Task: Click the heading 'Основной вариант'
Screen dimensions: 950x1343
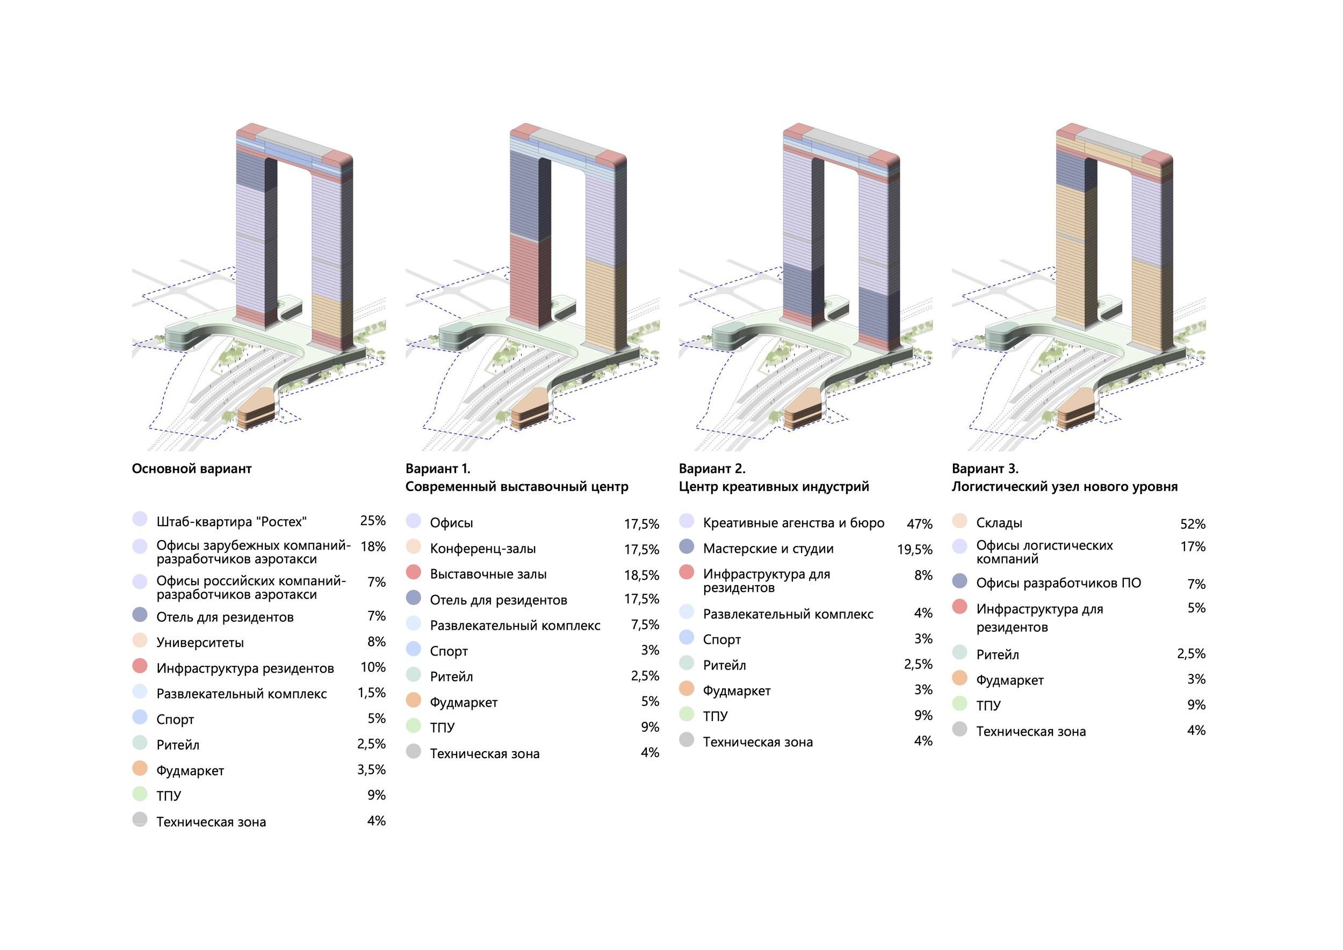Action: pos(191,469)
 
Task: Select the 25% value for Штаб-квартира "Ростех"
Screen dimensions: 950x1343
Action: pos(373,521)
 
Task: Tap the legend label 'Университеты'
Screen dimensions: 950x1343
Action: pos(200,642)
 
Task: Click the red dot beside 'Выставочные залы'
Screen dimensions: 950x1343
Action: pos(414,572)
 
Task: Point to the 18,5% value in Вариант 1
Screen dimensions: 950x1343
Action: pos(641,575)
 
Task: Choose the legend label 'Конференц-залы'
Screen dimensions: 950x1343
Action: pos(482,549)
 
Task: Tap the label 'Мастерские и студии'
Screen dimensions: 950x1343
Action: pos(768,549)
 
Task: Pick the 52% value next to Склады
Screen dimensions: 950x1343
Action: pos(1192,523)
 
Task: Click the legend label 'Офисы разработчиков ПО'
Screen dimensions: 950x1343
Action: pos(1058,583)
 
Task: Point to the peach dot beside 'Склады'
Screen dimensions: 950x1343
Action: pos(959,521)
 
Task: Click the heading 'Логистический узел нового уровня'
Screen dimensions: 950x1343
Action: pos(1064,487)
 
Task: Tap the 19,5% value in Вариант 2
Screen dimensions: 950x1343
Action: pos(914,549)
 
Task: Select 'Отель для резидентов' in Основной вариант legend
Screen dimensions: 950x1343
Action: pos(225,617)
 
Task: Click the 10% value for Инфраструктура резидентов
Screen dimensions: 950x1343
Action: pos(373,667)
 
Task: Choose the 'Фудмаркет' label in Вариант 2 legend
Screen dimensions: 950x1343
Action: pos(737,691)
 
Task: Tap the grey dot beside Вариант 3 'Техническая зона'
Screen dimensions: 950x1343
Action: pos(959,729)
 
